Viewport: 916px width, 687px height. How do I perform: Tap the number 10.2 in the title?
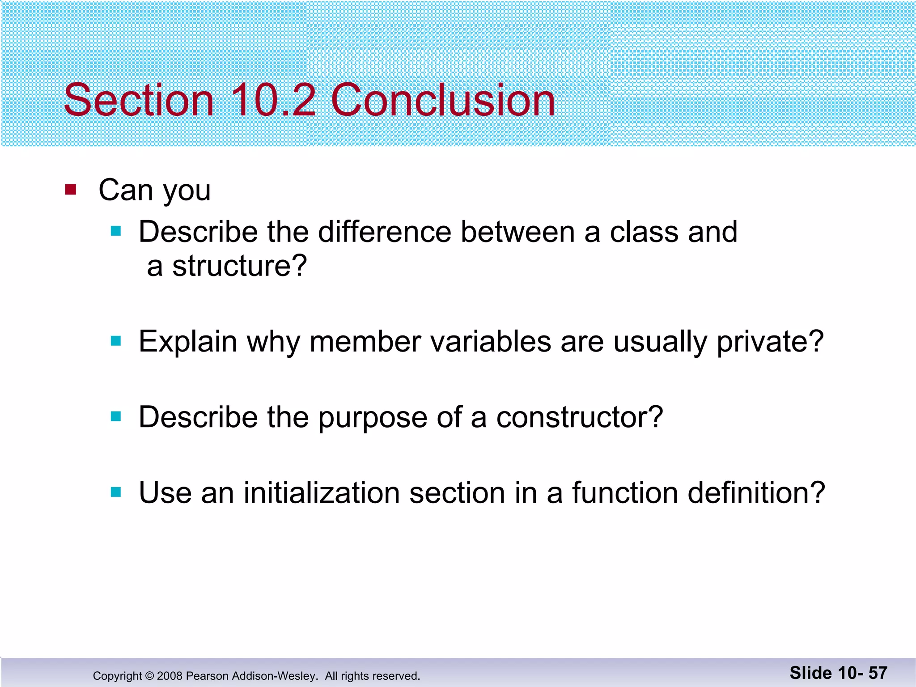coord(273,100)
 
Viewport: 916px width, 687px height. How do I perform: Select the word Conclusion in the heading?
coord(443,100)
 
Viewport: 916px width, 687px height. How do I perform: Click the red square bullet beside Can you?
coord(71,190)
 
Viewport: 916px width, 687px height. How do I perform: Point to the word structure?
coord(239,266)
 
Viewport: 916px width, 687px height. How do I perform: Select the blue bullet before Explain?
coord(116,341)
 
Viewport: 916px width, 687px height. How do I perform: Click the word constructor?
coord(579,417)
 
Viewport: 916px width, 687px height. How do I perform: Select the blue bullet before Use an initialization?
coord(116,492)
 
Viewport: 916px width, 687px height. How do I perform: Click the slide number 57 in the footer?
coord(878,673)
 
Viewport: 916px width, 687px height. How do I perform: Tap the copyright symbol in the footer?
coord(149,676)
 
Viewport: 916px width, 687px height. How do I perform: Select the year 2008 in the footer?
coord(170,676)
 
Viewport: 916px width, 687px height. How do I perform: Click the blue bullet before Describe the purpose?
coord(116,417)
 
